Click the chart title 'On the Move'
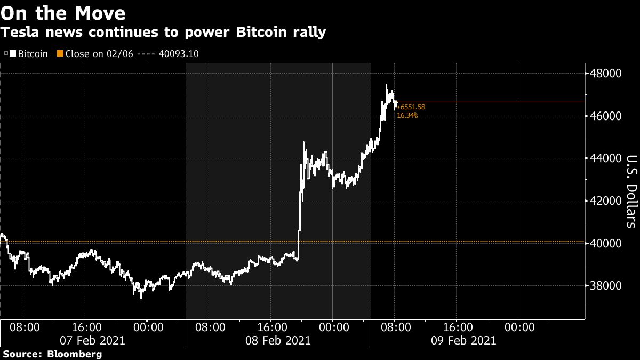pyautogui.click(x=63, y=13)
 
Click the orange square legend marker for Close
pyautogui.click(x=60, y=54)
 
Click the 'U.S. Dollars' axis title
pyautogui.click(x=631, y=191)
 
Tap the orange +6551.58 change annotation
pyautogui.click(x=411, y=107)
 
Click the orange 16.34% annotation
pyautogui.click(x=408, y=115)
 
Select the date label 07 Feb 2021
pyautogui.click(x=93, y=340)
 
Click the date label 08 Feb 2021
pyautogui.click(x=278, y=340)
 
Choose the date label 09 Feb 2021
pyautogui.click(x=463, y=340)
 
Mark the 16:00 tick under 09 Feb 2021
pyautogui.click(x=458, y=326)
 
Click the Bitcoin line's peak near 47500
pyautogui.click(x=387, y=84)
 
